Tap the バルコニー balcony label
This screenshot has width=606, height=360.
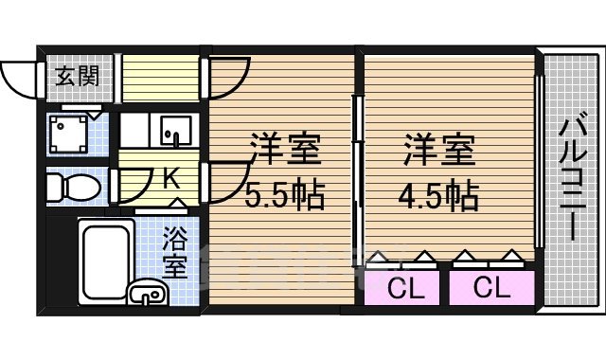tap(572, 175)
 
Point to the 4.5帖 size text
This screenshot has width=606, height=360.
tap(437, 196)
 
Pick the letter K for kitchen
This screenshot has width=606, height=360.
tap(171, 177)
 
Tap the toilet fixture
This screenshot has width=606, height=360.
tap(74, 188)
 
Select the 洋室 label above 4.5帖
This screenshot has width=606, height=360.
tap(437, 149)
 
